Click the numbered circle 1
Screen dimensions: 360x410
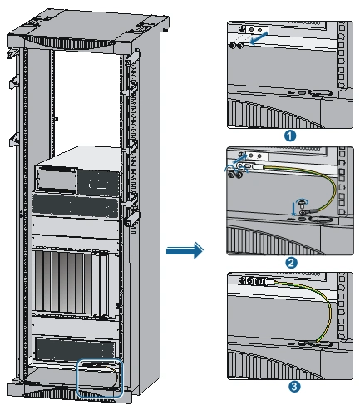(290, 136)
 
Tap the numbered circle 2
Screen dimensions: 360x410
(291, 263)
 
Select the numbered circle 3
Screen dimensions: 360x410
(294, 387)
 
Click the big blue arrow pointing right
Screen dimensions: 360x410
(185, 250)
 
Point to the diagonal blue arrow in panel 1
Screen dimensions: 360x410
(259, 38)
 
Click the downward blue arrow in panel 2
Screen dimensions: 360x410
(293, 209)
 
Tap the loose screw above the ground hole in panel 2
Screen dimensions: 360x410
(301, 205)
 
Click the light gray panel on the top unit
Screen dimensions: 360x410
(57, 180)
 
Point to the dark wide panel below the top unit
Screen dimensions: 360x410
(76, 205)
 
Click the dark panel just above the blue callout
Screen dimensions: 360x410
(76, 348)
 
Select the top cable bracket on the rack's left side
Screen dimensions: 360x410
(12, 52)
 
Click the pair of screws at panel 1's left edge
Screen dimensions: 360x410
(236, 45)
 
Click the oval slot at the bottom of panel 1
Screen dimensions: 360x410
(321, 93)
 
